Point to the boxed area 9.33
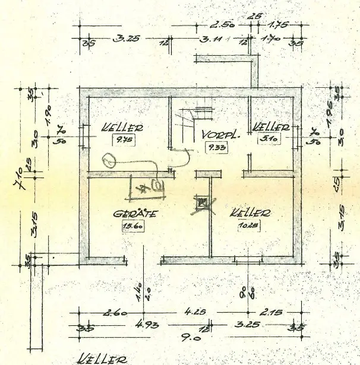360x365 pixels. click(213, 147)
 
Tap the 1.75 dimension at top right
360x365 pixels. click(277, 26)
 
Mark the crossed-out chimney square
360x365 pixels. click(203, 204)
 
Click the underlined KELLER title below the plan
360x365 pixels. click(102, 358)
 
